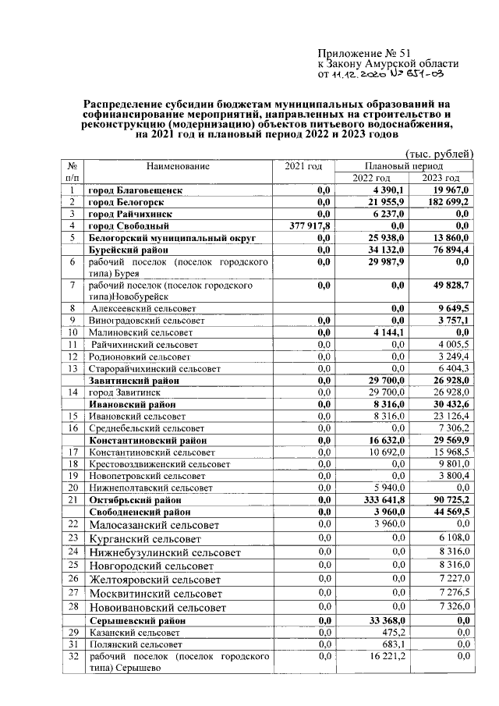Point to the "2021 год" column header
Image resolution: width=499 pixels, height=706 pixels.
[303, 167]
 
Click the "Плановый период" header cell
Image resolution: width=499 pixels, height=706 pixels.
[404, 167]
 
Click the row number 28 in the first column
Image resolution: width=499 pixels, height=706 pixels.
[72, 607]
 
